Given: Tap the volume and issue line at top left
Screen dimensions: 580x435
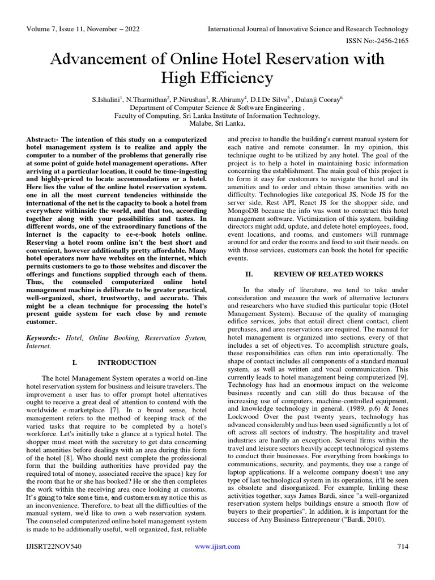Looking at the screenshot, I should coord(83,29).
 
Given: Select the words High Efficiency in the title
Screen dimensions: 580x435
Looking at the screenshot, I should coord(217,78).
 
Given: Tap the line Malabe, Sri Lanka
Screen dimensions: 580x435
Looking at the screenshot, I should coord(217,122).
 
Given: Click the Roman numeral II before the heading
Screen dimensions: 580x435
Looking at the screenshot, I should coord(249,274).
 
